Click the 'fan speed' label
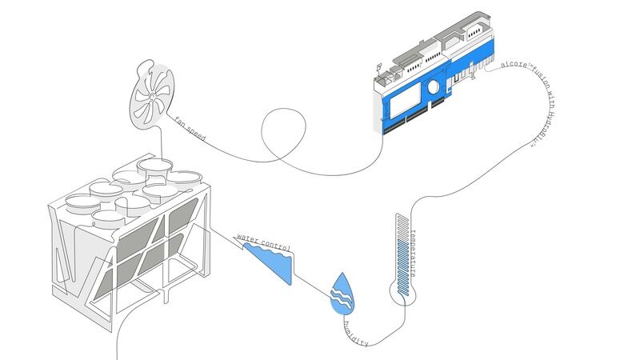coord(190,130)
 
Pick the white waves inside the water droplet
coord(342,298)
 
